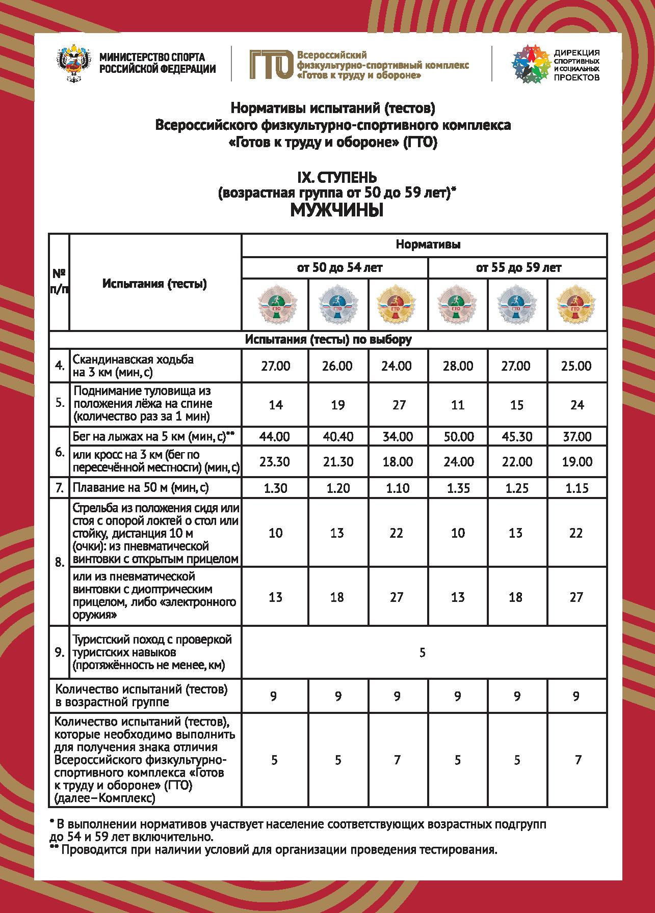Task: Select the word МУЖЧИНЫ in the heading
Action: (336, 210)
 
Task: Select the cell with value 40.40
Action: (337, 436)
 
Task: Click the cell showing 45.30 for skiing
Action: (516, 436)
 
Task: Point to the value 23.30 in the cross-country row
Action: (275, 462)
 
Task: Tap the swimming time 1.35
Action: (458, 488)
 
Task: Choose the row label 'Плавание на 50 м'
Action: (141, 488)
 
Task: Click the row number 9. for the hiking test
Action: (60, 652)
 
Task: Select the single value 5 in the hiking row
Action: (422, 652)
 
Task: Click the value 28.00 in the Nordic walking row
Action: (458, 366)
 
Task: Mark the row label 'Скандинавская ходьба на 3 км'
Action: (134, 366)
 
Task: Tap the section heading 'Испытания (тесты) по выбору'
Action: (328, 340)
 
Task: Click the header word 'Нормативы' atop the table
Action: (428, 244)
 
